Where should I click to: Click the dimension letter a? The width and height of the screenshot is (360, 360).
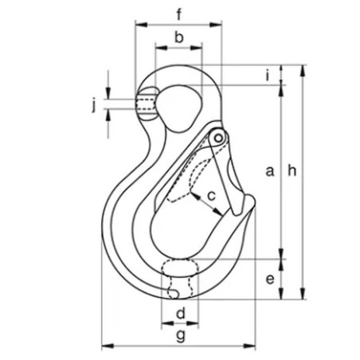(269, 170)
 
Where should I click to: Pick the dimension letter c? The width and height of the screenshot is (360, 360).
(212, 194)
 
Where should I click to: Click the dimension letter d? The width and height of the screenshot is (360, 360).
(180, 312)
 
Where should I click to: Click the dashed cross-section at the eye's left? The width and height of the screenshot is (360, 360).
(146, 104)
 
